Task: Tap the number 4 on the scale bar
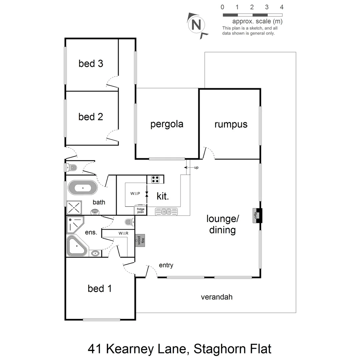(282, 7)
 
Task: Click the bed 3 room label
(91, 63)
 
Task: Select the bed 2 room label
(91, 117)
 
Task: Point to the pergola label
(167, 124)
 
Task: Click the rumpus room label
(231, 124)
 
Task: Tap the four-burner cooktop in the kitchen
(155, 179)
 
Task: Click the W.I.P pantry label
(135, 193)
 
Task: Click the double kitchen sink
(166, 211)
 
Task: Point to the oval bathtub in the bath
(82, 188)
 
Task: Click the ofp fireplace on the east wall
(257, 215)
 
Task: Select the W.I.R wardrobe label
(123, 233)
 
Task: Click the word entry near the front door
(166, 265)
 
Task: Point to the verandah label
(216, 297)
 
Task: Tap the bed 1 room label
(100, 288)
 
